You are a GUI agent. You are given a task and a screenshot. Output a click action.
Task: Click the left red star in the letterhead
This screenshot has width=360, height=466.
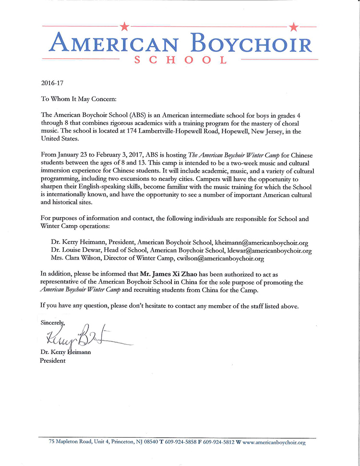pyautogui.click(x=124, y=25)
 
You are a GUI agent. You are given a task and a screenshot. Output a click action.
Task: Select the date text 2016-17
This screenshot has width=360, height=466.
pyautogui.click(x=51, y=83)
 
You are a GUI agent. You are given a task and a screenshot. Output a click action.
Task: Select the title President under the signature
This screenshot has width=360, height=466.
pyautogui.click(x=52, y=360)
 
